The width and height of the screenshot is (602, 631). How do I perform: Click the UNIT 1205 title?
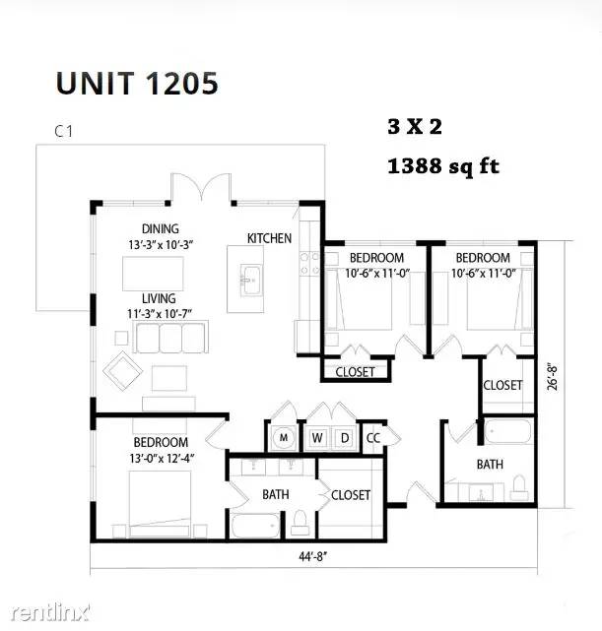(x=137, y=84)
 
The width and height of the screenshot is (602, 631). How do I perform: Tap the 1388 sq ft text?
(x=443, y=166)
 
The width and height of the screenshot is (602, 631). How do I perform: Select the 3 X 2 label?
(x=415, y=126)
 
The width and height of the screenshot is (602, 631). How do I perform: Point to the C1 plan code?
(x=64, y=131)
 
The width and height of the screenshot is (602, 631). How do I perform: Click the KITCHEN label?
(x=269, y=238)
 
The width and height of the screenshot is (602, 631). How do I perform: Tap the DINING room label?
(x=161, y=228)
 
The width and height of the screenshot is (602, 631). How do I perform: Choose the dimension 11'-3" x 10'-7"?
(x=160, y=313)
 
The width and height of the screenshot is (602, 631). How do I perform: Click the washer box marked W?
(x=317, y=437)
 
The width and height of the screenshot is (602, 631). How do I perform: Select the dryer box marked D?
(x=344, y=437)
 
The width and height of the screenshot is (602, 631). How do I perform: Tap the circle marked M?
(x=284, y=437)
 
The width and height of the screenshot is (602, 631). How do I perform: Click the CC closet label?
(x=373, y=438)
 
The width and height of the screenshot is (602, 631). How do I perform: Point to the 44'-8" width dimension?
(x=313, y=556)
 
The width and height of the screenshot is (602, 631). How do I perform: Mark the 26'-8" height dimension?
(x=553, y=377)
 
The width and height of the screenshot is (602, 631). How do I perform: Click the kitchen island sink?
(x=251, y=281)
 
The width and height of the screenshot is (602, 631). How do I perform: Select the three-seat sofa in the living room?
(x=171, y=338)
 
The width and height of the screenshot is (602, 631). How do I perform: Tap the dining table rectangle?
(x=153, y=274)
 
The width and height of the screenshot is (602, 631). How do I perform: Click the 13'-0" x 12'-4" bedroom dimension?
(x=162, y=459)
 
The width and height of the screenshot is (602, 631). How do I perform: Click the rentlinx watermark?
(x=50, y=612)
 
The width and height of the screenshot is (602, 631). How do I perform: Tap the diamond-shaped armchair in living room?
(x=123, y=371)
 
